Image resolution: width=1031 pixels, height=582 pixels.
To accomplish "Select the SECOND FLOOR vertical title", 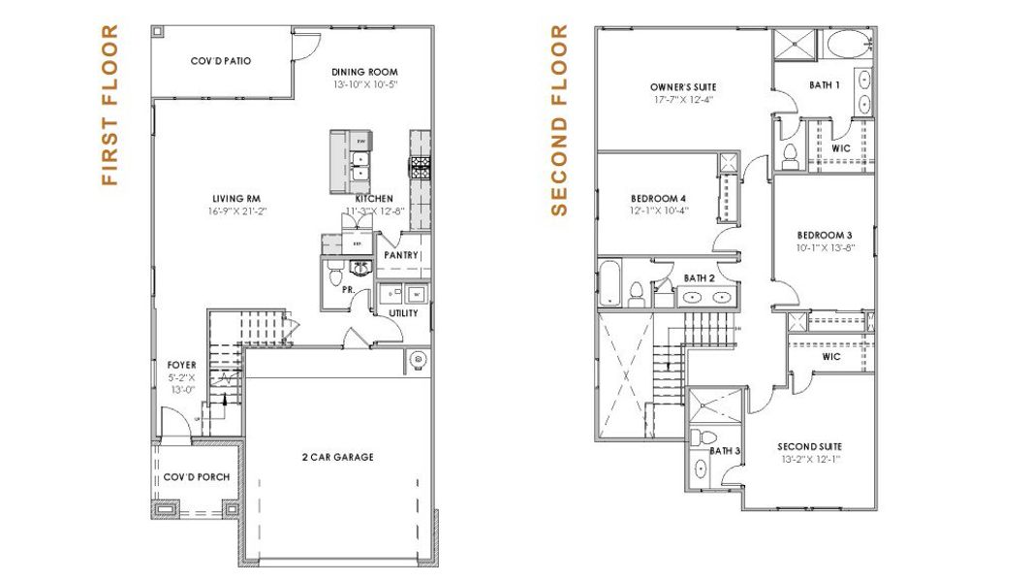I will (559, 120).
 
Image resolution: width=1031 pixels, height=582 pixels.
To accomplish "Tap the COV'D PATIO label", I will (221, 61).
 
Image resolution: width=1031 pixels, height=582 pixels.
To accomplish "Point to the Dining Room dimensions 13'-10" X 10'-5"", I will (364, 85).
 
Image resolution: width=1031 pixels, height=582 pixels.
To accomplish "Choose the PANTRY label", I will (401, 255).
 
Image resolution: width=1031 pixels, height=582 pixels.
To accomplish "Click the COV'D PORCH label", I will (188, 478).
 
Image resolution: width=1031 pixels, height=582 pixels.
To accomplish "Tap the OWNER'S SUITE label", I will (682, 86).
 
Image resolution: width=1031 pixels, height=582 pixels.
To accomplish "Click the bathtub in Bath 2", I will (609, 283).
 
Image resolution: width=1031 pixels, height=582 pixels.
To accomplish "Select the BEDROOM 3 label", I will (825, 235).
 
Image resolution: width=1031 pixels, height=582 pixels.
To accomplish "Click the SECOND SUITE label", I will (808, 447).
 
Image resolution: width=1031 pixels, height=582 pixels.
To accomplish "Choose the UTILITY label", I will (404, 313).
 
